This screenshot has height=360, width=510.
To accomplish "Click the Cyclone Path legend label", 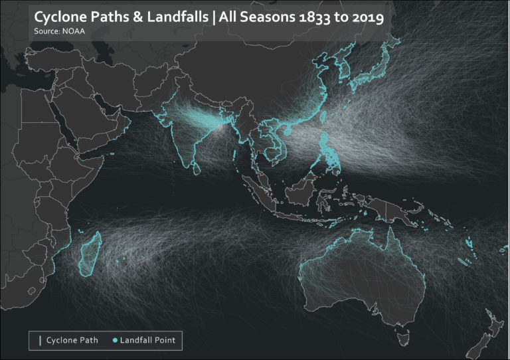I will (72, 341).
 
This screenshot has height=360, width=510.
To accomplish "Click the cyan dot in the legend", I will (115, 341).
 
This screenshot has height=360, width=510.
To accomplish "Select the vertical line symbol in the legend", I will (41, 341).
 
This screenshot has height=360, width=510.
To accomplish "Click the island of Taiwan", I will (324, 117).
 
